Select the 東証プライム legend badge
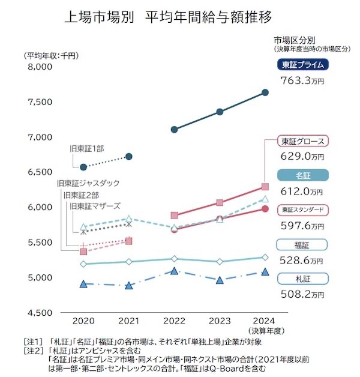pyautogui.click(x=302, y=65)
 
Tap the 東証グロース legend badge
pyautogui.click(x=302, y=142)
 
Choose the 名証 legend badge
pyautogui.click(x=302, y=176)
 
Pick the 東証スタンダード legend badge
pyautogui.click(x=302, y=211)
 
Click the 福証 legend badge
pyautogui.click(x=302, y=245)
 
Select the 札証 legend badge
pyautogui.click(x=302, y=279)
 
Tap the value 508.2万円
pyautogui.click(x=302, y=294)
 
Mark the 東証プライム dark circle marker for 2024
pyautogui.click(x=265, y=92)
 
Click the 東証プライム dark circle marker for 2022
pyautogui.click(x=174, y=130)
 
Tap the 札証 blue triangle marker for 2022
pyautogui.click(x=174, y=271)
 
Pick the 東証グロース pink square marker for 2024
pyautogui.click(x=265, y=187)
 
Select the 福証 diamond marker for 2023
pyautogui.click(x=220, y=262)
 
